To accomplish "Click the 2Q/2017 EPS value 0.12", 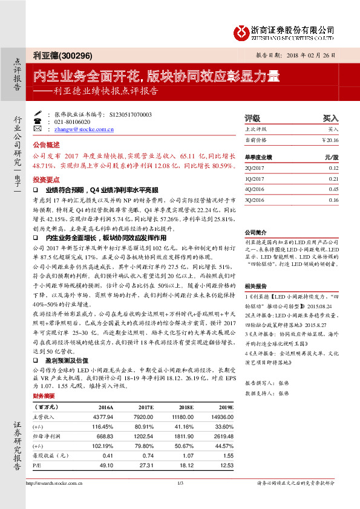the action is [333, 168].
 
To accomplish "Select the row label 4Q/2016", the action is [255, 189].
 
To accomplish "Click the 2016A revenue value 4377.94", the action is [101, 418].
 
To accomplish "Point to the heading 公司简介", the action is [256, 232].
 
